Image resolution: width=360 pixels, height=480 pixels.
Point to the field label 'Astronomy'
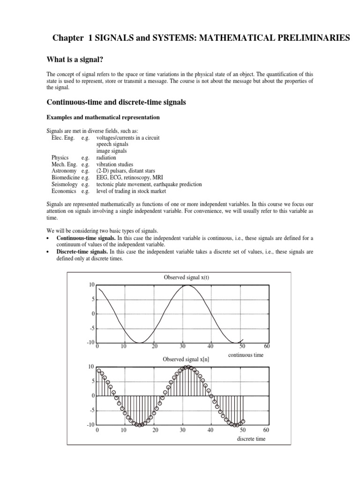click(64, 171)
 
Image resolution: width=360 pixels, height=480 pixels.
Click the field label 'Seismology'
click(65, 184)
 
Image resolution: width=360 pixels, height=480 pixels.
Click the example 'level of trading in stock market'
click(132, 191)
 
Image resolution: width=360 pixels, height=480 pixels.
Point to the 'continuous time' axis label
click(246, 355)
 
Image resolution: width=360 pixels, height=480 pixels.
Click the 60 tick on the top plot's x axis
click(267, 346)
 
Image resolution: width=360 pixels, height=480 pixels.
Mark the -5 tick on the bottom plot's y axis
click(91, 410)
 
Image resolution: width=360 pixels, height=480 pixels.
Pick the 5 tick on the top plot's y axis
click(93, 299)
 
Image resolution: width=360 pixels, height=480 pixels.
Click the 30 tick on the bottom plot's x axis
click(183, 429)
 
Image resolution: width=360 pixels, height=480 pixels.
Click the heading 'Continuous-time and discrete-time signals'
click(116, 102)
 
